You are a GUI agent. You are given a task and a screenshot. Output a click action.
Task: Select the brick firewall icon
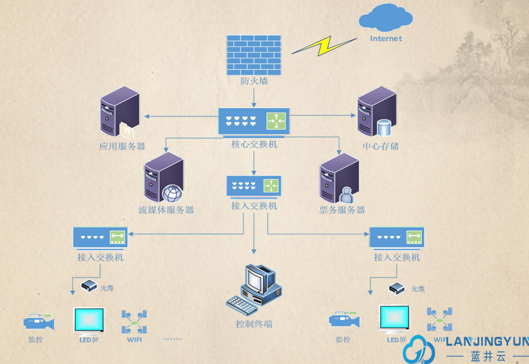(x=254, y=54)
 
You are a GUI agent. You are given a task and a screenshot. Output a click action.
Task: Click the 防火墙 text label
(x=254, y=81)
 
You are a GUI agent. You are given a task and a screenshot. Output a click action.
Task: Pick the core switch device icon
(x=254, y=121)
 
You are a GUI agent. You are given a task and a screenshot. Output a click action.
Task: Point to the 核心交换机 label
(x=254, y=144)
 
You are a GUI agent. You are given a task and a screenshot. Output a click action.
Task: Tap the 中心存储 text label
(x=380, y=146)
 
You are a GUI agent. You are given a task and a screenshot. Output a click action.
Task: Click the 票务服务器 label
(x=342, y=210)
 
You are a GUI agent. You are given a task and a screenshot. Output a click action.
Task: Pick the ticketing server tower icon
(x=339, y=178)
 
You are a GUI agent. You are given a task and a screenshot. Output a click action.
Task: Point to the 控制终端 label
(x=254, y=324)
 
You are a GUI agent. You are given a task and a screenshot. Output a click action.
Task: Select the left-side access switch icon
(x=100, y=236)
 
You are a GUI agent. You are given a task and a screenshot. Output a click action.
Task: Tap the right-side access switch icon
(x=396, y=236)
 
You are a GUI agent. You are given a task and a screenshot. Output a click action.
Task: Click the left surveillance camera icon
(x=38, y=321)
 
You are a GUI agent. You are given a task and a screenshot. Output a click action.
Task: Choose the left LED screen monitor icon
(x=89, y=320)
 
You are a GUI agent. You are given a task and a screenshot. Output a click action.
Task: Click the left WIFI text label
(x=134, y=339)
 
